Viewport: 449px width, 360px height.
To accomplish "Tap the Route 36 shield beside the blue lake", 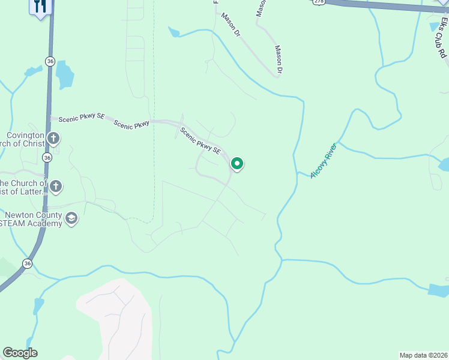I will click(x=50, y=61).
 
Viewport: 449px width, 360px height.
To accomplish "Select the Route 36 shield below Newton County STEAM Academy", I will click(x=28, y=263).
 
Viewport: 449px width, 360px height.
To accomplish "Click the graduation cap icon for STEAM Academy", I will click(x=71, y=218).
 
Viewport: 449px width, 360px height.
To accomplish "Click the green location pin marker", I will click(x=237, y=163).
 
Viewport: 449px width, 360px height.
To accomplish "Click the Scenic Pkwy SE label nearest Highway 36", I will click(x=81, y=119).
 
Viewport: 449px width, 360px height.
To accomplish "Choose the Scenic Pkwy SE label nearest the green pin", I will click(x=201, y=141).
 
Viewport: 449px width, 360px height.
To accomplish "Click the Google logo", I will click(x=20, y=353).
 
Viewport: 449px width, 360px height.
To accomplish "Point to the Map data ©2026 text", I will click(x=423, y=355).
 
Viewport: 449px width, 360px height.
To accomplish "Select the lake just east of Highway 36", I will click(x=64, y=75).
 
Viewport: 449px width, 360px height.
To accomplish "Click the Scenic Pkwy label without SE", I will click(x=131, y=125).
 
